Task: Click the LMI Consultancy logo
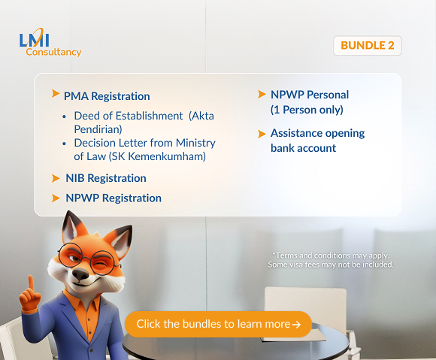[50, 44]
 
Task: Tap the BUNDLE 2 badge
[367, 45]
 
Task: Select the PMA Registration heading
[107, 96]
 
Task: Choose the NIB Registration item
[105, 178]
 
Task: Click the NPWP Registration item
[113, 198]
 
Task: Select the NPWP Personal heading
[310, 95]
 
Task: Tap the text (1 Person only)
[306, 110]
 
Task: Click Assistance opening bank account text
[317, 141]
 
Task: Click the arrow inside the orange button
[297, 325]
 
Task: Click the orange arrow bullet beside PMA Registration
[55, 94]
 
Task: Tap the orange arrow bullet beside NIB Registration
[55, 178]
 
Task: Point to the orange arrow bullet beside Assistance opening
[262, 133]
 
